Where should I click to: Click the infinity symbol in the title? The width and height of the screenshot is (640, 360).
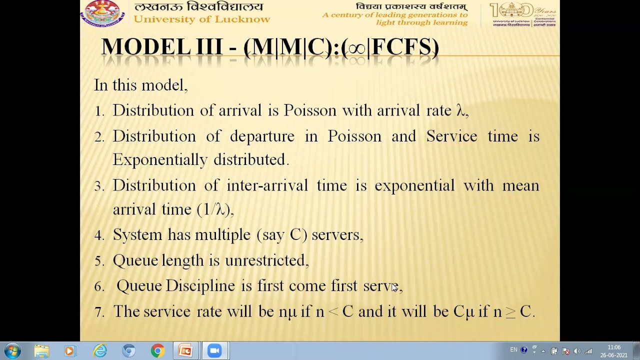pyautogui.click(x=356, y=48)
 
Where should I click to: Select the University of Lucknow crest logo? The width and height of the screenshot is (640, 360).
pyautogui.click(x=102, y=13)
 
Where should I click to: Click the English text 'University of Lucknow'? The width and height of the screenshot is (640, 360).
pyautogui.click(x=201, y=19)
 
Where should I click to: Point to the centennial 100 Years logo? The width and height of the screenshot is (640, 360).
pyautogui.click(x=523, y=13)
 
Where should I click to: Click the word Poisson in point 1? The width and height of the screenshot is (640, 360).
pyautogui.click(x=310, y=110)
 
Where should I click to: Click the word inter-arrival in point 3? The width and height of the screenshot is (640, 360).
pyautogui.click(x=267, y=185)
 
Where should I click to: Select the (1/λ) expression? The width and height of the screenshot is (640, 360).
pyautogui.click(x=215, y=209)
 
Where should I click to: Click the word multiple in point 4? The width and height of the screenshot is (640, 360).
pyautogui.click(x=222, y=235)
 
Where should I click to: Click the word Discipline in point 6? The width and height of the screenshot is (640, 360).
pyautogui.click(x=200, y=286)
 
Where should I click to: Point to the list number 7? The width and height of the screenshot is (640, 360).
pyautogui.click(x=99, y=312)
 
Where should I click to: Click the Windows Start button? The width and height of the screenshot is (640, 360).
pyautogui.click(x=12, y=350)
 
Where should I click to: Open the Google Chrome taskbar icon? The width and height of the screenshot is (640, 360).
pyautogui.click(x=157, y=351)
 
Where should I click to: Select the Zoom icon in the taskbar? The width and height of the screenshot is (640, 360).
pyautogui.click(x=214, y=351)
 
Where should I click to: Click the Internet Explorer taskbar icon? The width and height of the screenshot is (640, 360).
pyautogui.click(x=100, y=351)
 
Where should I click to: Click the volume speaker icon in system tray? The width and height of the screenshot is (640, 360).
pyautogui.click(x=576, y=351)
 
